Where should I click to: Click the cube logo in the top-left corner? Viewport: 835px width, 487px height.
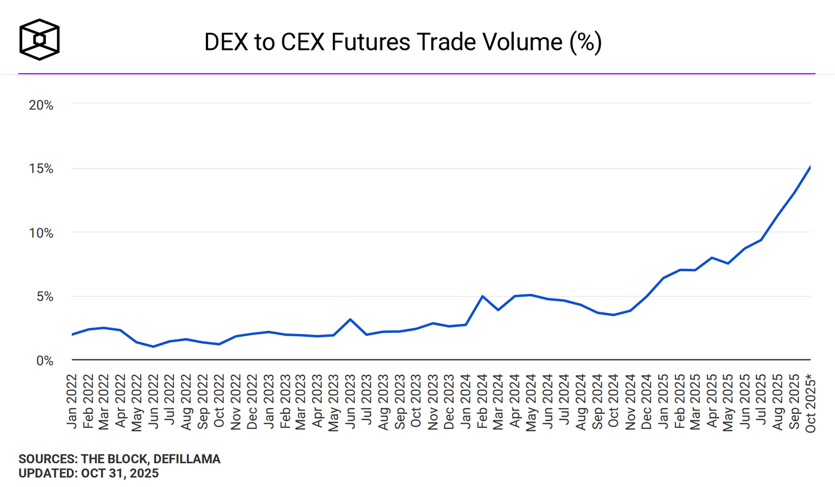coord(39,39)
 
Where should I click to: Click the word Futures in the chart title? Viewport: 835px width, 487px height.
coord(372,43)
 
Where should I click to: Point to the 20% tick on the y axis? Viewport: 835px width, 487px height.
coord(41,105)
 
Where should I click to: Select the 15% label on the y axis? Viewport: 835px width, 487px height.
coord(41,169)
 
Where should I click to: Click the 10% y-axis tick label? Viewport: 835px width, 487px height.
coord(41,232)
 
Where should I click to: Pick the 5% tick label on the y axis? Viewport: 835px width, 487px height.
coord(45,296)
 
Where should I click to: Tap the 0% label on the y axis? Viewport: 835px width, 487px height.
coord(45,360)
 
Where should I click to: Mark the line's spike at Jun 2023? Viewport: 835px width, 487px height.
coord(350,319)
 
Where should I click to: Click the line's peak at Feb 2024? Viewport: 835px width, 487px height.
coord(482,296)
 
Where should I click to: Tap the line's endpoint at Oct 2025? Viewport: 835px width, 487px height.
coord(810,167)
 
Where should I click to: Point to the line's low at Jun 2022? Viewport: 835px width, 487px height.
coord(153,347)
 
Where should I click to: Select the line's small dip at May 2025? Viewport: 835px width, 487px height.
coord(728,264)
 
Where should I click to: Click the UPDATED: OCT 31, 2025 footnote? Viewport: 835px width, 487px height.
coord(88,473)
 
